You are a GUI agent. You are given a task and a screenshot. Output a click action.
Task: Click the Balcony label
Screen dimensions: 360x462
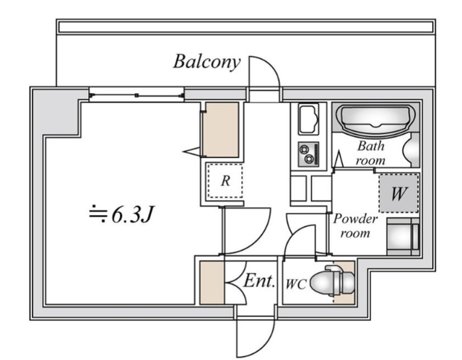(206, 61)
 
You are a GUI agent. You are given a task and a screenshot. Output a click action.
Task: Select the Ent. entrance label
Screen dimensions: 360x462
(259, 281)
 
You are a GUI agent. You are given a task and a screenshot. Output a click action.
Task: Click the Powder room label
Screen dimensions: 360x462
(354, 226)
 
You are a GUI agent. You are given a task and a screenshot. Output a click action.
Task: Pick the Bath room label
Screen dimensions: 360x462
(371, 152)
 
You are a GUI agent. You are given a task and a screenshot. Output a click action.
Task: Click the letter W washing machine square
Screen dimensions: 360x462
(398, 193)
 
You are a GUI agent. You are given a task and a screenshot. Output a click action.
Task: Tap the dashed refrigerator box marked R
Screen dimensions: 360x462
(225, 180)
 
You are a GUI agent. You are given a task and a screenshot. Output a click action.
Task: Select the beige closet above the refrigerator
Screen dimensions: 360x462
(220, 130)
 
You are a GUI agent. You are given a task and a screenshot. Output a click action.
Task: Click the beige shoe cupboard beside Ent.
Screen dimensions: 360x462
(212, 283)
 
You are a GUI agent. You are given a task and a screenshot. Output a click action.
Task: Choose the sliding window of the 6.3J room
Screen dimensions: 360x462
(136, 93)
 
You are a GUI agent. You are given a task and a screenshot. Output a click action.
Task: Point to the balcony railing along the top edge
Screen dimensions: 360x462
(245, 26)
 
